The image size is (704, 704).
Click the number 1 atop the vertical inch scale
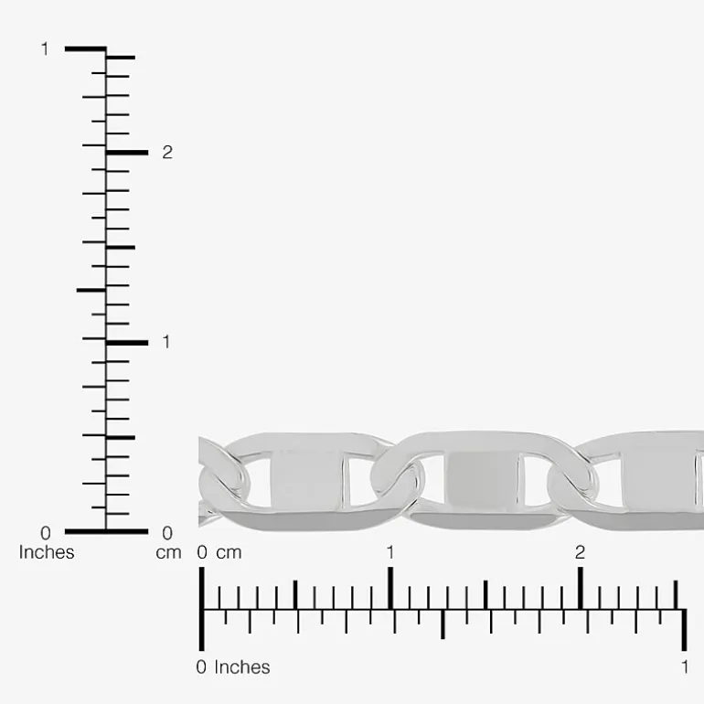(45, 49)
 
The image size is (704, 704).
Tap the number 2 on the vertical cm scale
(167, 153)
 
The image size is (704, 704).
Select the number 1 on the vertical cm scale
(166, 342)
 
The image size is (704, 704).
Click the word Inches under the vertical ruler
(47, 552)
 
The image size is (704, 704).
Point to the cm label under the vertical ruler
(168, 553)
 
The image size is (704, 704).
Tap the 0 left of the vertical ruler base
(46, 533)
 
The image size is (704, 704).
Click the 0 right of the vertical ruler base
(167, 533)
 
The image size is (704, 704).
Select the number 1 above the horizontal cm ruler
(390, 552)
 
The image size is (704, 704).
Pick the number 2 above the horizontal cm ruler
(580, 552)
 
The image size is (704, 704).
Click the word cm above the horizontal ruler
(229, 553)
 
